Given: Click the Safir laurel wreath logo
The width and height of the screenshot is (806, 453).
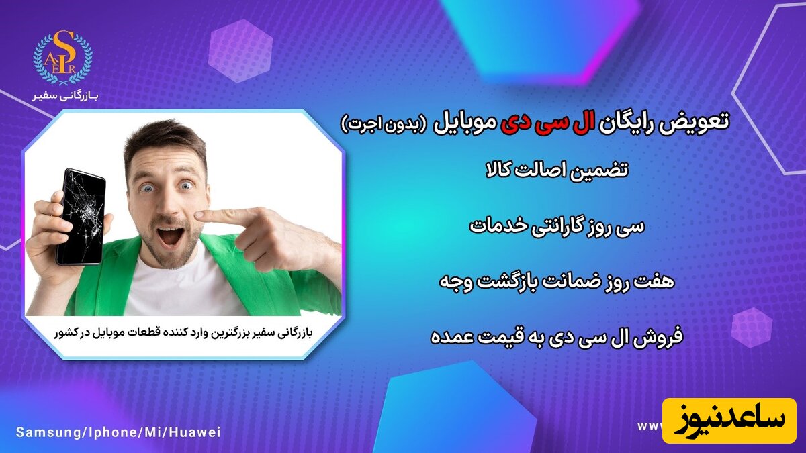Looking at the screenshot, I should (63, 57).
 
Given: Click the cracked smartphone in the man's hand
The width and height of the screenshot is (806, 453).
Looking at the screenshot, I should (80, 216).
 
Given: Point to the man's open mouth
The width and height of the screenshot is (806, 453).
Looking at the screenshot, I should (169, 236).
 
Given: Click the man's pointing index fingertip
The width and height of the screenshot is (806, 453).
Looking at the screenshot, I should (201, 217).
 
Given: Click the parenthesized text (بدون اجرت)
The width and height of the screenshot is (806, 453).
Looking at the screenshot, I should (384, 124).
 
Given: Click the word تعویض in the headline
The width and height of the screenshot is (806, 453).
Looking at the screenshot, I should (703, 123).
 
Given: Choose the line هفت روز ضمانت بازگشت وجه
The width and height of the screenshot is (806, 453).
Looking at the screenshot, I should (557, 282).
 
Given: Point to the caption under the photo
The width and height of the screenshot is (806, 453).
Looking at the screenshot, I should (183, 333).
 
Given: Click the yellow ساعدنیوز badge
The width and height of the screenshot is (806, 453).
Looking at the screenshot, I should (729, 419).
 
